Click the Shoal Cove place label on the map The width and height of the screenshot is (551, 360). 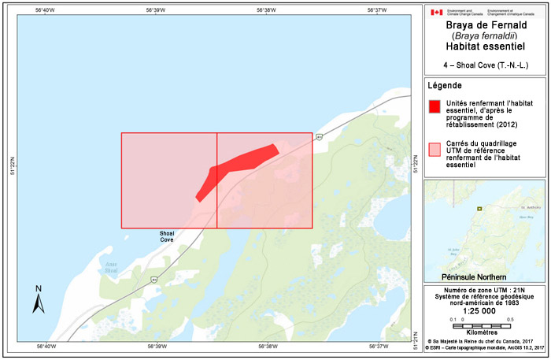tap(166, 236)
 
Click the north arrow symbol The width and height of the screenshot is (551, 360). tap(38, 299)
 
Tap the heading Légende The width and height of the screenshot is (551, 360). tap(445, 86)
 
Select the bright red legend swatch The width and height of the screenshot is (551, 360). tap(434, 106)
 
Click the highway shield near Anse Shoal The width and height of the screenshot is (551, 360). tap(154, 279)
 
